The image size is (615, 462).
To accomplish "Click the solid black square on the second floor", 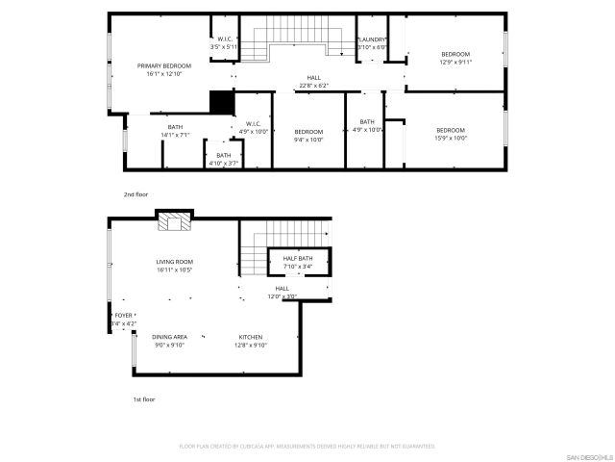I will pos(222,103).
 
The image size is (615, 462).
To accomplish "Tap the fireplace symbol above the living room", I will pos(175,223).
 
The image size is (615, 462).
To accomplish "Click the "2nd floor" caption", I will pos(136,194).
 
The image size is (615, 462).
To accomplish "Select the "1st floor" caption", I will pos(143,398).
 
